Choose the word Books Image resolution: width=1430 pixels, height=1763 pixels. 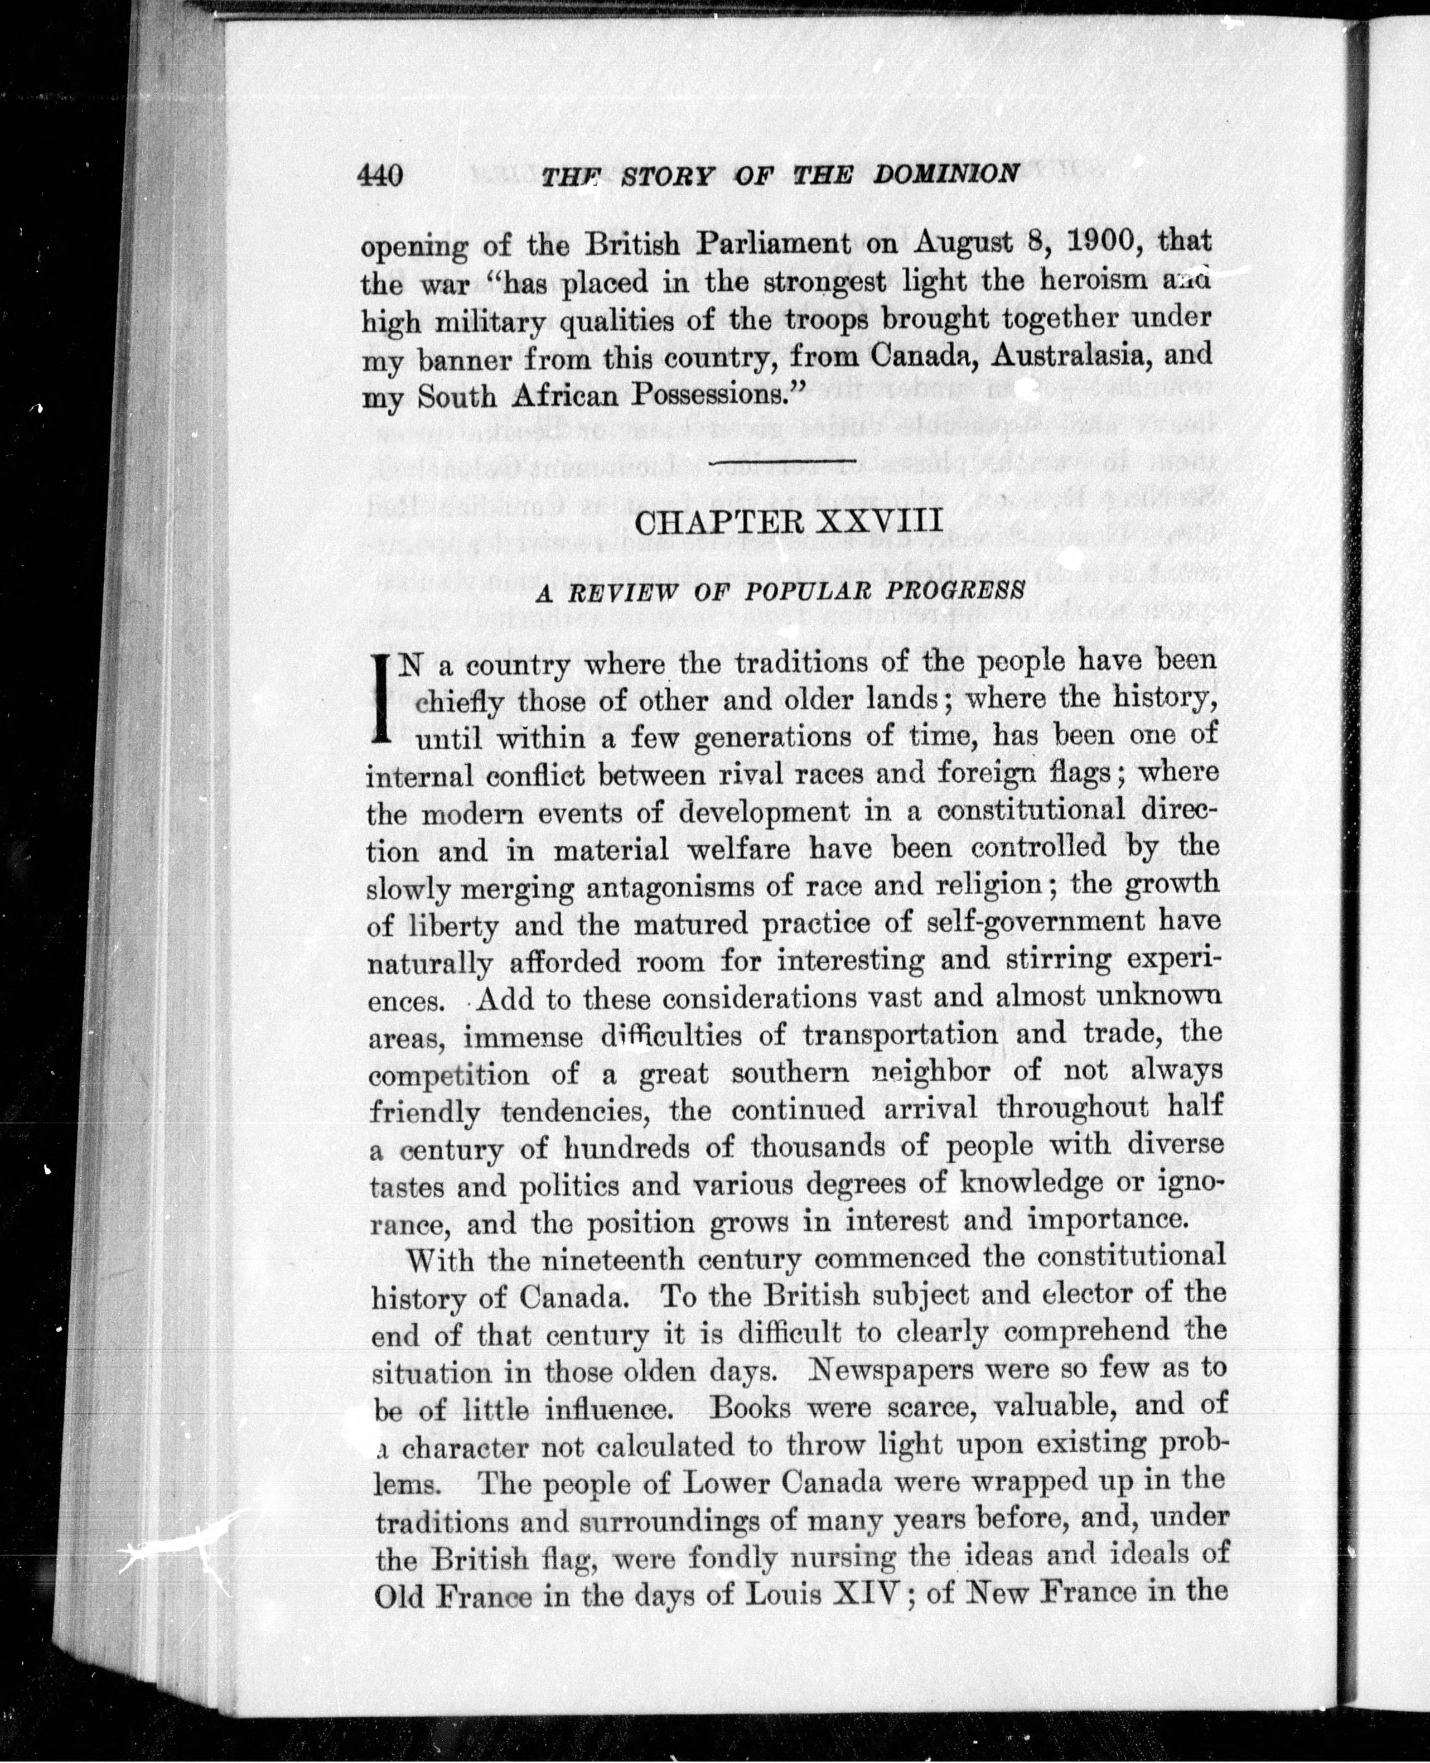tap(748, 1407)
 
